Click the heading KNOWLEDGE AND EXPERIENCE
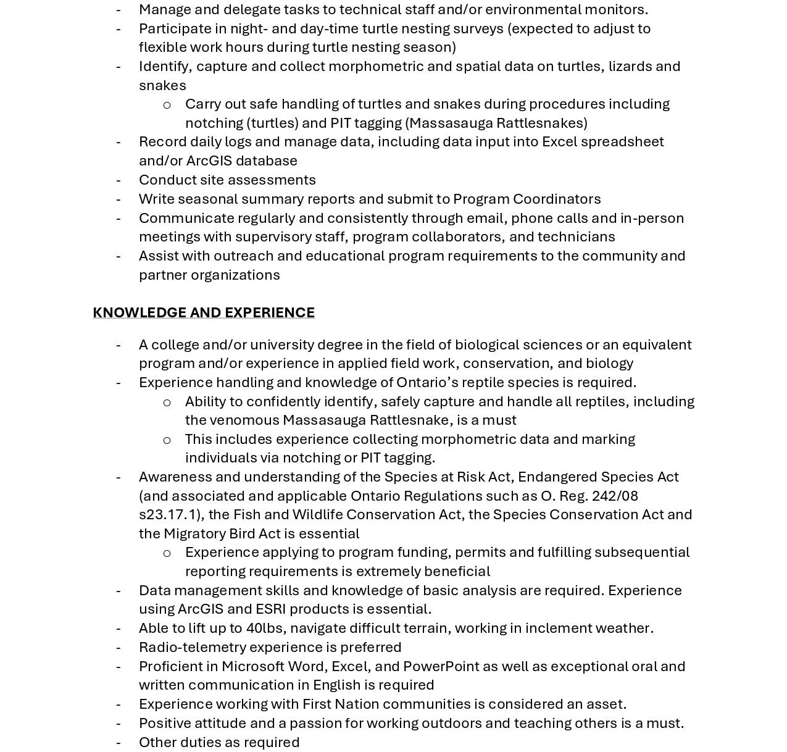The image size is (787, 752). [x=203, y=312]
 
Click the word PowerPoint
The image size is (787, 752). [x=441, y=666]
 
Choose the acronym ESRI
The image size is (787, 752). [x=270, y=609]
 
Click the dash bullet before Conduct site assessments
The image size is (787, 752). [x=119, y=180]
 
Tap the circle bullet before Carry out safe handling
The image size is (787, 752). [x=167, y=105]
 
